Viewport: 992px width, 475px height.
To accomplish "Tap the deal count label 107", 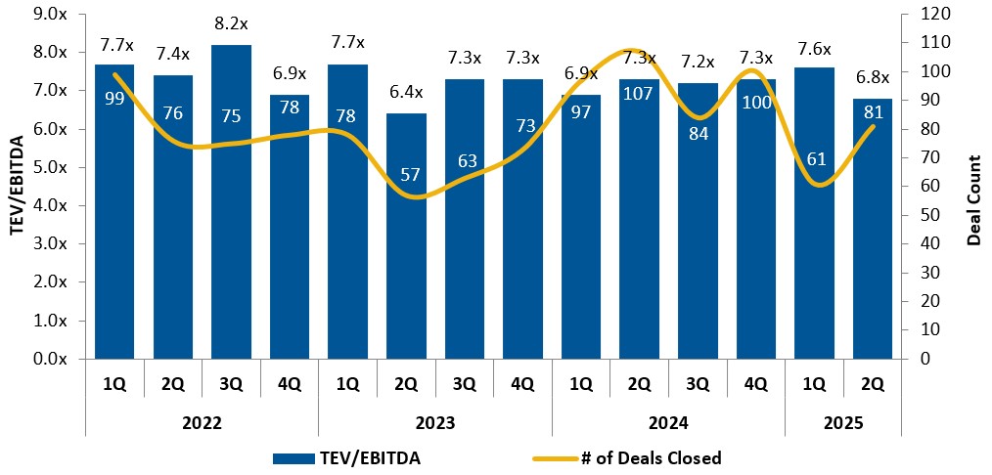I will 639,100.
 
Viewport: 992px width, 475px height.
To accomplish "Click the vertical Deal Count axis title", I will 972,187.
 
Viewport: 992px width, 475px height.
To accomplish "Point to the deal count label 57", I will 406,176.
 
